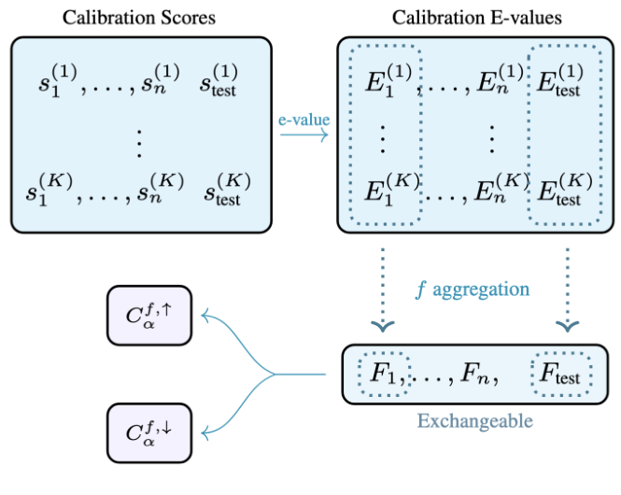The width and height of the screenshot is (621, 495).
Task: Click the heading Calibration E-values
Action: point(478,17)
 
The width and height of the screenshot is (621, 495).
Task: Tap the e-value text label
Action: point(303,120)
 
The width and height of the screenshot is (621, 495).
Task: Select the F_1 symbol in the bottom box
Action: point(383,375)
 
